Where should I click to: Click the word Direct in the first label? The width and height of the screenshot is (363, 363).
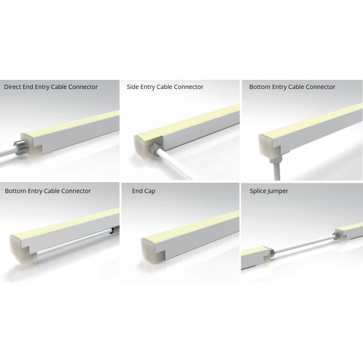(12, 87)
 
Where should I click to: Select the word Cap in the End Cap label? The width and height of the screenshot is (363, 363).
(151, 191)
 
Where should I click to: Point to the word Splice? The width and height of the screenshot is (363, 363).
(257, 191)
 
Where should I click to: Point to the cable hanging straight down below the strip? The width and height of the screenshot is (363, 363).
(277, 171)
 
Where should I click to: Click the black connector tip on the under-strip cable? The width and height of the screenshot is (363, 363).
(114, 230)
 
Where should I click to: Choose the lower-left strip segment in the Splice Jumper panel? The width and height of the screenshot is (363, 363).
(255, 258)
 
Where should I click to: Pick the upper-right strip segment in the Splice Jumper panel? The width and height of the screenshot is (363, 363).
(349, 232)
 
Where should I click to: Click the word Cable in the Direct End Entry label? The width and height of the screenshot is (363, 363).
(59, 87)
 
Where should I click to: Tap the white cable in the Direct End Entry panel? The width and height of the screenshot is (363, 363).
(7, 155)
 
